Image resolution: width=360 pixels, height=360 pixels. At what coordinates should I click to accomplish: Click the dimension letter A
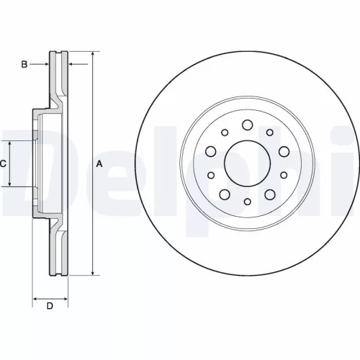(99, 164)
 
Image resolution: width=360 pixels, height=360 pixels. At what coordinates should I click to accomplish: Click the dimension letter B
(24, 65)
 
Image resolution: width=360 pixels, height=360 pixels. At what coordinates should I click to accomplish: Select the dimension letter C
(3, 164)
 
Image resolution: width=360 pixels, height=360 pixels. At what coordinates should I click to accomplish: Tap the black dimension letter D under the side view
(50, 307)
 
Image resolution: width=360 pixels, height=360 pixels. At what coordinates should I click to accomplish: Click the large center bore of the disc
(246, 164)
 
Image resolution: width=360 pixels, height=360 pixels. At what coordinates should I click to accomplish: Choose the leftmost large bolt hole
(211, 151)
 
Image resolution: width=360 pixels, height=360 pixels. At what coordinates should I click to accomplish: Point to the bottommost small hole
(247, 204)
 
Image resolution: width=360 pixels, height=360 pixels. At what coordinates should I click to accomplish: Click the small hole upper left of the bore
(224, 132)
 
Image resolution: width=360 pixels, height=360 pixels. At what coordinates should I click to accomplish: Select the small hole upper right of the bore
(269, 132)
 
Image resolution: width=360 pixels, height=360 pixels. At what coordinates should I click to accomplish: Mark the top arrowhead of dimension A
(93, 54)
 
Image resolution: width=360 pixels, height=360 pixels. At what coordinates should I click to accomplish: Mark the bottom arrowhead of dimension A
(93, 274)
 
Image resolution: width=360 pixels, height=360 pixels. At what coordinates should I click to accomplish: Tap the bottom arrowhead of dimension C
(10, 185)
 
